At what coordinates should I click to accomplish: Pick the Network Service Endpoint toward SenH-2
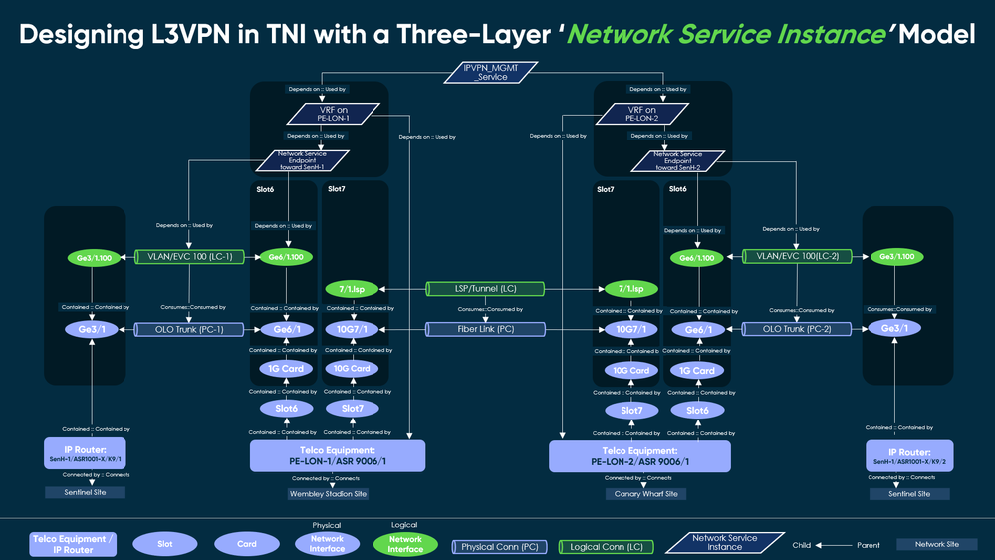[678, 160]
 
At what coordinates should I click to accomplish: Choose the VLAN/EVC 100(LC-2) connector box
[795, 257]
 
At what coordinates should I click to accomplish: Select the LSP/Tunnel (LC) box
[485, 289]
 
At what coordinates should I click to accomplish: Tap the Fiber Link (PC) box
[485, 329]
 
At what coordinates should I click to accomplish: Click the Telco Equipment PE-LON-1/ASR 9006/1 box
[337, 455]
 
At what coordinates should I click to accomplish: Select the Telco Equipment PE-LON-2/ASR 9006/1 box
[639, 455]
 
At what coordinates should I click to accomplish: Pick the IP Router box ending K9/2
[909, 454]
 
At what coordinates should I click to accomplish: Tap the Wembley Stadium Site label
[328, 494]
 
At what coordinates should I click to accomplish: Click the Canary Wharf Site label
[645, 494]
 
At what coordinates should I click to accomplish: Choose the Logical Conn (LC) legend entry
[606, 546]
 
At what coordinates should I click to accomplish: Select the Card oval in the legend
[247, 544]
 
